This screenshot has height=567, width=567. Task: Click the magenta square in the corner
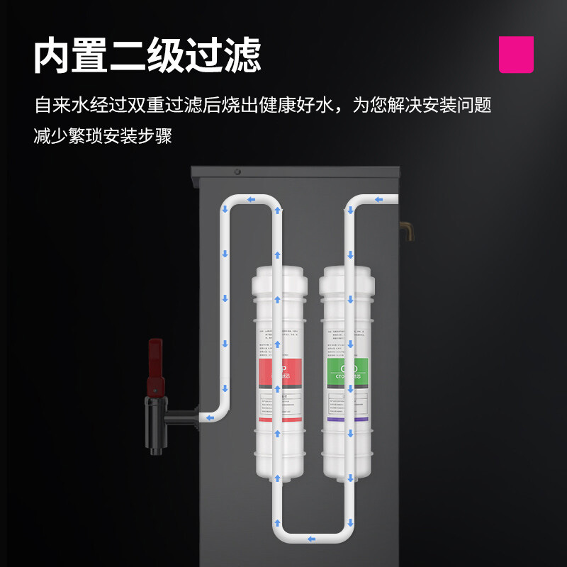[516, 55]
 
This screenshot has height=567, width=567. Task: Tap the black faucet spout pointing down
[156, 439]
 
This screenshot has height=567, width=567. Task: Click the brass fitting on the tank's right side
[408, 230]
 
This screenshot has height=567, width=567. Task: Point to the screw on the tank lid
[237, 172]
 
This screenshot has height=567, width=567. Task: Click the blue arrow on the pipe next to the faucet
[210, 418]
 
